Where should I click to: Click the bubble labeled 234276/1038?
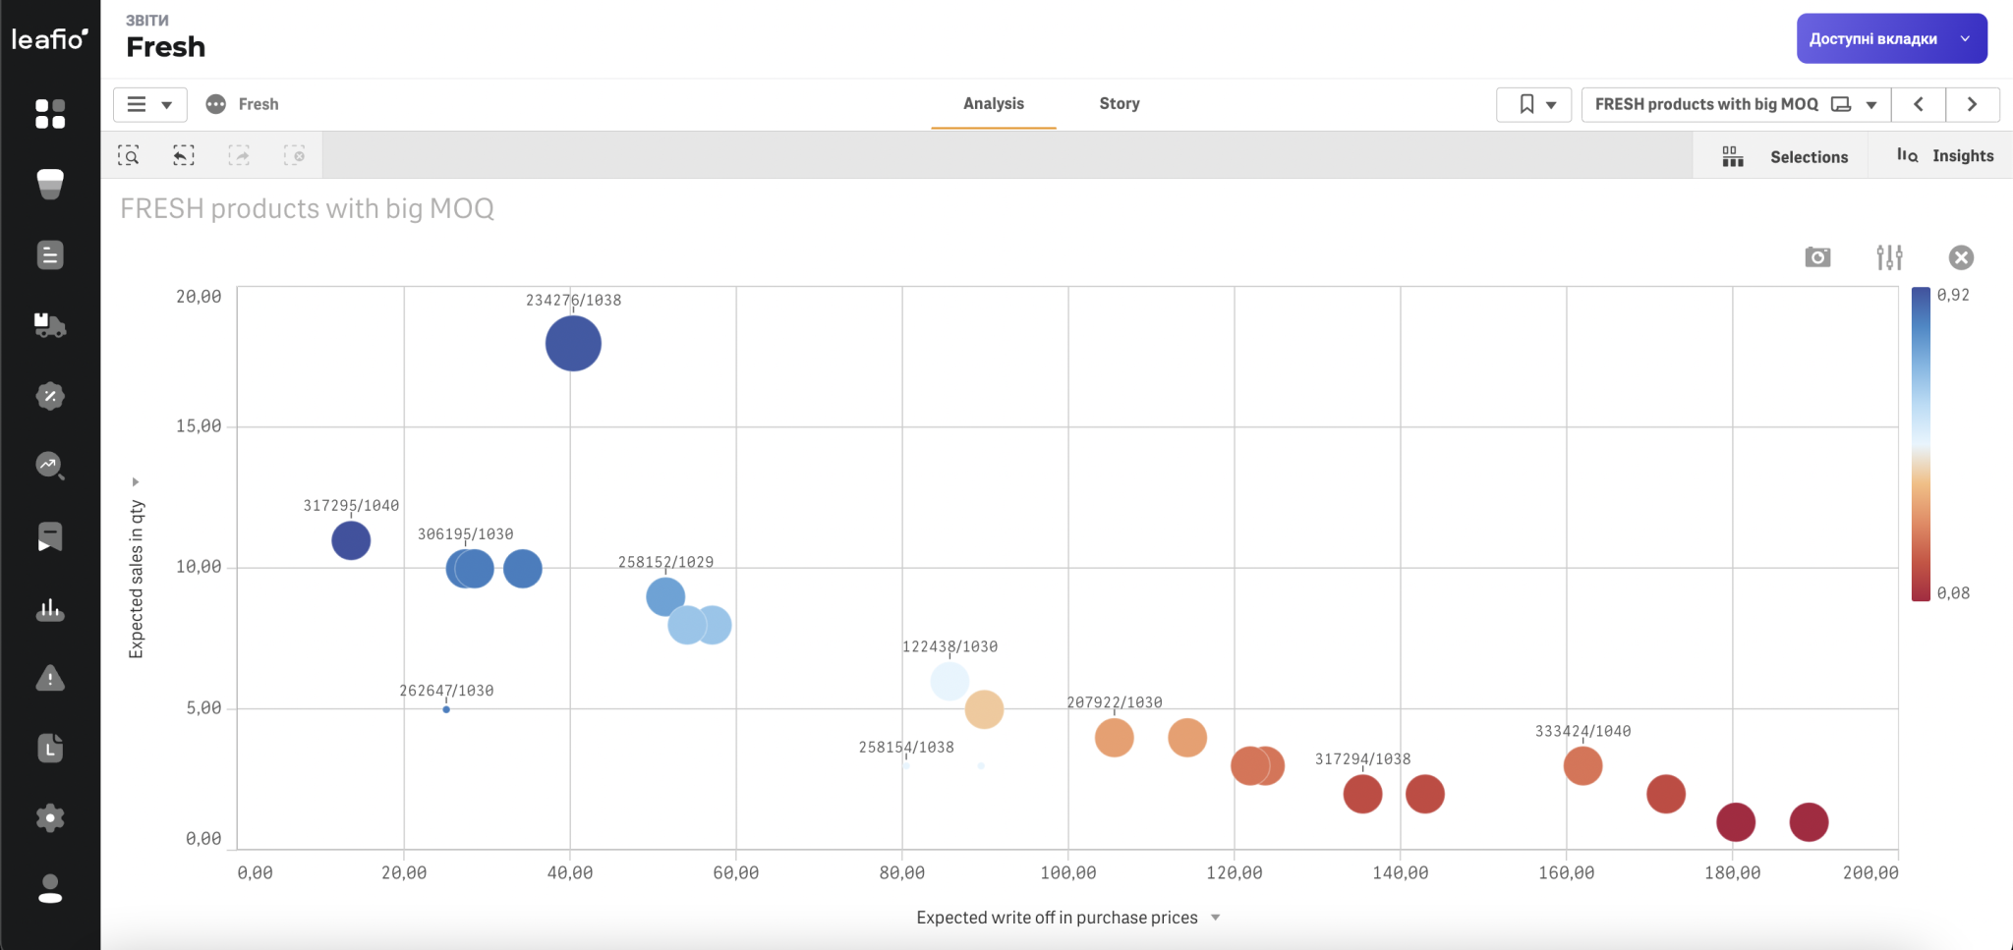point(573,344)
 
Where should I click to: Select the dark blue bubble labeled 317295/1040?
point(351,540)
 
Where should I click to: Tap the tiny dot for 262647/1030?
point(446,709)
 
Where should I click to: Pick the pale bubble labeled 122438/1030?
point(949,681)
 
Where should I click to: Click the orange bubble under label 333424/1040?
point(1582,765)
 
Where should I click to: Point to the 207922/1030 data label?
point(1115,702)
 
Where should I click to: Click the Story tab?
point(1120,103)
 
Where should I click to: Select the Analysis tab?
point(994,103)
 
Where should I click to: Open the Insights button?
point(1945,155)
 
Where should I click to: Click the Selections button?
point(1785,156)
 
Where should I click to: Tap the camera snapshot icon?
point(1817,257)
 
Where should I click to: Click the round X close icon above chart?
point(1961,257)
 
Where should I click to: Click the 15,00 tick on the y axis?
point(199,426)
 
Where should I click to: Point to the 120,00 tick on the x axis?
point(1235,872)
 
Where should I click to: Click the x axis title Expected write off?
point(1057,918)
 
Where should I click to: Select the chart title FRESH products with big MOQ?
point(307,208)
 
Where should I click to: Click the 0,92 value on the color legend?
point(1953,295)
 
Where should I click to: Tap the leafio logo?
point(49,38)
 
